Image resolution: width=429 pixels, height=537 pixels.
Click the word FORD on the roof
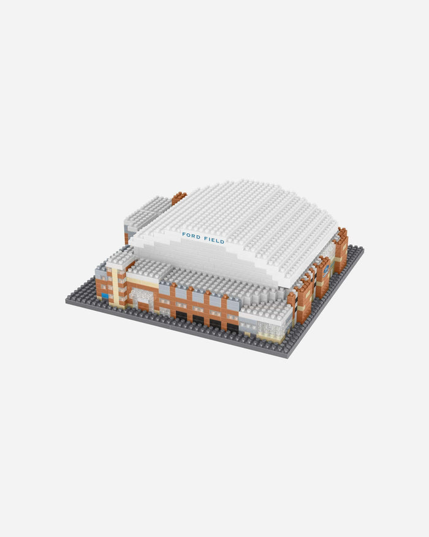[x=191, y=236]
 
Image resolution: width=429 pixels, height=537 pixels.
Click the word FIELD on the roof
[x=214, y=239]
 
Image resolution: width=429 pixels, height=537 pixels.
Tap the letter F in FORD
[x=184, y=234]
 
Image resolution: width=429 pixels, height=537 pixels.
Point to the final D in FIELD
[x=222, y=241]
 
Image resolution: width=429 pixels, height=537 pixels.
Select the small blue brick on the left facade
[x=105, y=296]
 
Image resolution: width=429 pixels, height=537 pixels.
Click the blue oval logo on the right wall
[x=326, y=270]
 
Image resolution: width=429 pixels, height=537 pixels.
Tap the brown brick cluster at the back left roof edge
[x=179, y=198]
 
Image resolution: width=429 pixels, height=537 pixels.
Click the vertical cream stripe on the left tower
[x=115, y=286]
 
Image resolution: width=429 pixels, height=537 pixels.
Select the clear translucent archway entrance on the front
[x=142, y=298]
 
